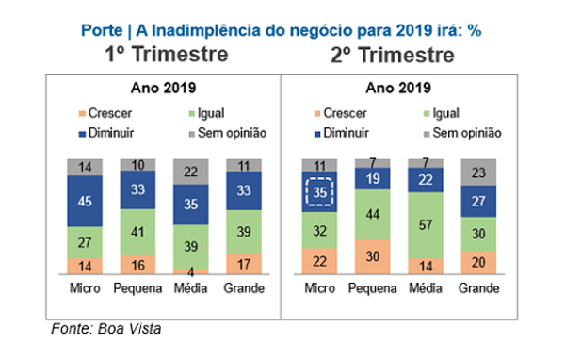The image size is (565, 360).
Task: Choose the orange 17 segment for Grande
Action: click(245, 263)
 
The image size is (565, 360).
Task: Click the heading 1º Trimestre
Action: click(166, 54)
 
